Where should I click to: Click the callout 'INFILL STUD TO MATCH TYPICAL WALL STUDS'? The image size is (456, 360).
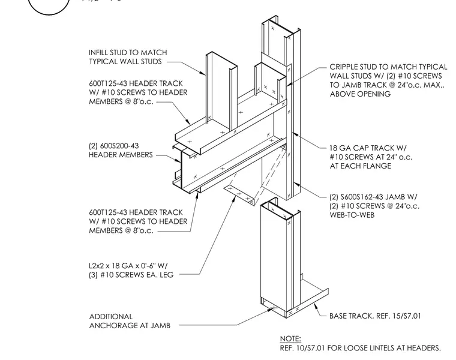click(x=128, y=57)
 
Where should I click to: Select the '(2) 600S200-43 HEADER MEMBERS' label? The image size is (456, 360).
click(x=121, y=150)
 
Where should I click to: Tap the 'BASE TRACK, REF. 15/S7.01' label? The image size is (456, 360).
click(x=375, y=316)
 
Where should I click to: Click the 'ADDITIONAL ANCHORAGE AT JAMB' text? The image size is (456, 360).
click(x=130, y=321)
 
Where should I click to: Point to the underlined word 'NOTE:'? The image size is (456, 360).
click(x=290, y=339)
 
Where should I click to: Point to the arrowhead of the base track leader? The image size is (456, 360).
click(x=315, y=305)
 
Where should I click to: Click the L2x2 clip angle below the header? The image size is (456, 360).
click(x=241, y=194)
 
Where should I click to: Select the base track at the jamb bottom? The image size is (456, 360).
click(x=308, y=299)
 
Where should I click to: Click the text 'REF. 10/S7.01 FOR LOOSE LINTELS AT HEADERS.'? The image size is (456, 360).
click(x=361, y=348)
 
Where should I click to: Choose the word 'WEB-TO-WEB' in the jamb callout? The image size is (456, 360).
click(x=352, y=215)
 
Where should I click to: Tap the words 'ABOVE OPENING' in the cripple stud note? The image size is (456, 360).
click(x=360, y=94)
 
